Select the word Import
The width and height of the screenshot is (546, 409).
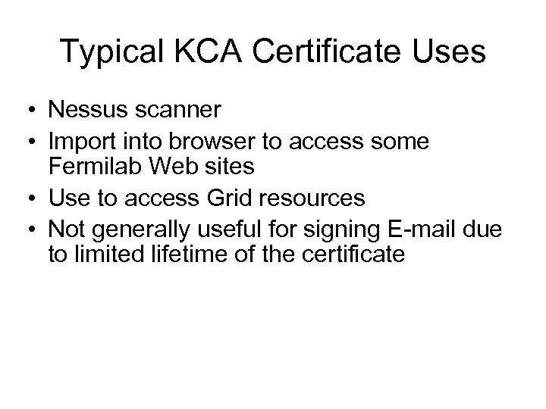[80, 140]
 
